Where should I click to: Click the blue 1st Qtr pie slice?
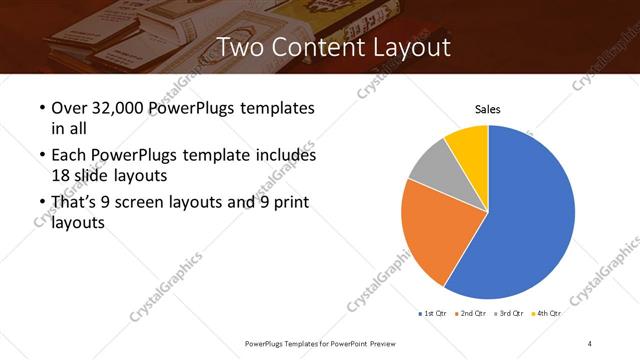coord(530,215)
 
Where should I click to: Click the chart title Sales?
coord(487,110)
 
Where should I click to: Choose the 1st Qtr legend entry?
coord(436,313)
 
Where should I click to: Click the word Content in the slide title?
coord(312,47)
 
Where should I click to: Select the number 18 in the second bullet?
coord(59,174)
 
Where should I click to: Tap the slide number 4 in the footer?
coord(590,343)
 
